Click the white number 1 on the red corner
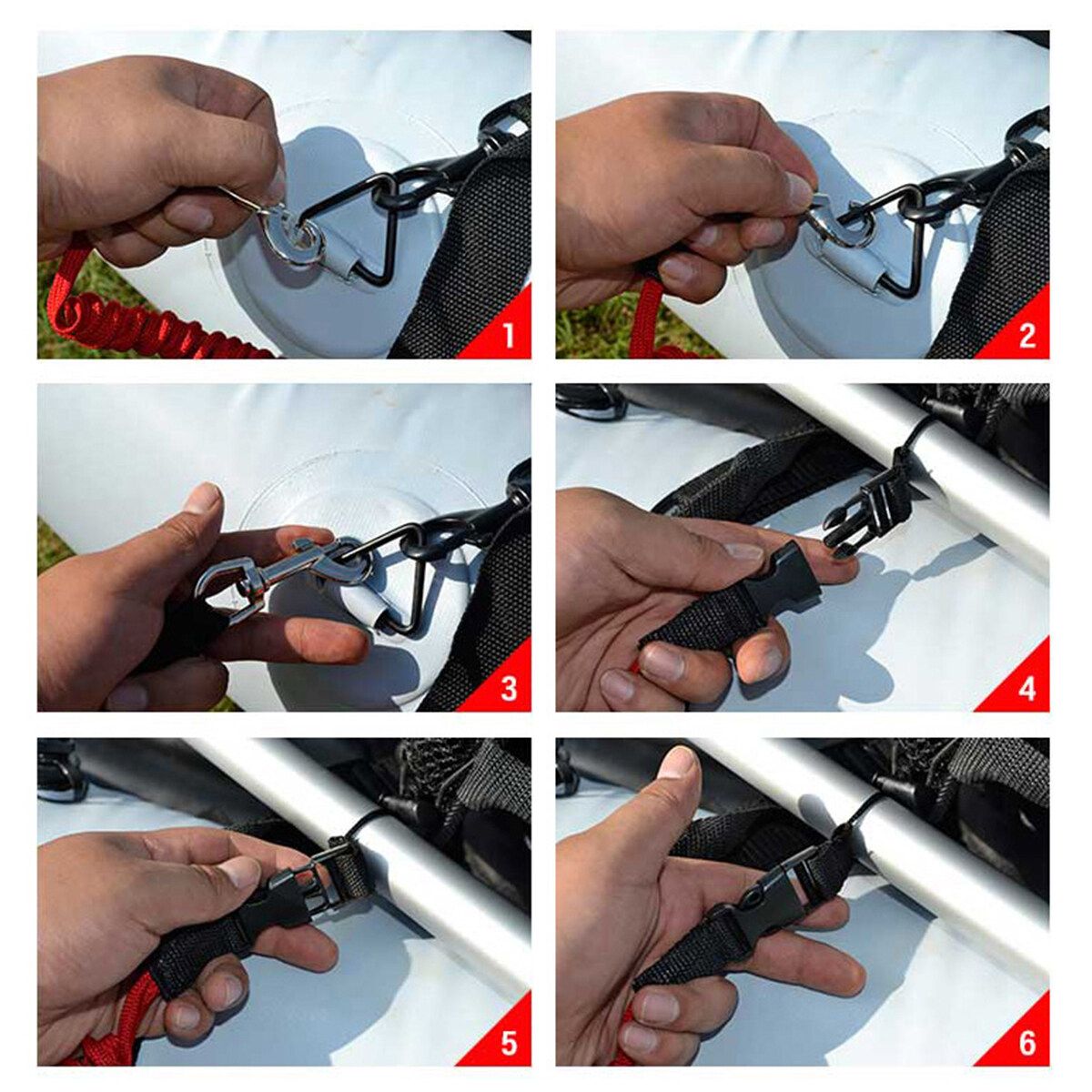[x=509, y=335]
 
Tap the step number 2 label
[x=1026, y=335]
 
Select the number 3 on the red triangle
[x=509, y=689]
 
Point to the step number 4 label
[x=1026, y=689]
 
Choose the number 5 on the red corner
[x=509, y=1043]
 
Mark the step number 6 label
[x=1026, y=1043]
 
